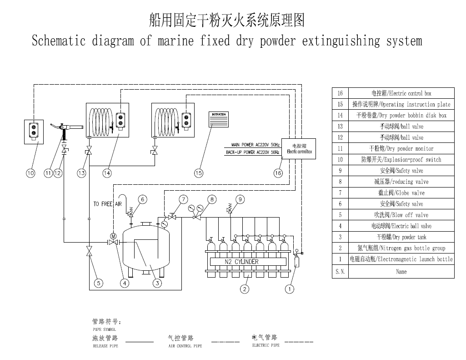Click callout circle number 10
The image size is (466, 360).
(x=30, y=173)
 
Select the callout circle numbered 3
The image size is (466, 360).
(x=157, y=283)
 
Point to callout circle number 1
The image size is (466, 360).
(x=290, y=289)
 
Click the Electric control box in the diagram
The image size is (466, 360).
(x=300, y=149)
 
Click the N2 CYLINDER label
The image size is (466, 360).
(x=242, y=262)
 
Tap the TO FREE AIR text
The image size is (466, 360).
(x=108, y=204)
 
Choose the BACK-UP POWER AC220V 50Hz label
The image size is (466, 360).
(x=252, y=152)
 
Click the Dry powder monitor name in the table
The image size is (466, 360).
(x=401, y=148)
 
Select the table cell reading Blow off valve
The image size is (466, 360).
(x=401, y=215)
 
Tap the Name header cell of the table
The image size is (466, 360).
(x=401, y=272)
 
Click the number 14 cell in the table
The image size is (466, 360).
(x=340, y=115)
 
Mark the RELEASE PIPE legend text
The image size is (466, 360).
(x=105, y=346)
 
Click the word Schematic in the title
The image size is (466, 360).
(x=59, y=41)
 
